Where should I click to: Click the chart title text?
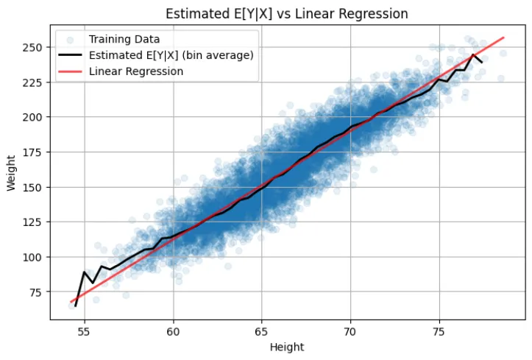click(x=287, y=14)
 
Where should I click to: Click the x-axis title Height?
click(x=287, y=347)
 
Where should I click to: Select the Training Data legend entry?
click(x=118, y=38)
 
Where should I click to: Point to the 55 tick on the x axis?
click(x=85, y=331)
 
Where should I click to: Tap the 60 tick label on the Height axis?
click(x=173, y=331)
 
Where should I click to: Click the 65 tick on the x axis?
click(x=261, y=331)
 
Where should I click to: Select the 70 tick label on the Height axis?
click(x=350, y=331)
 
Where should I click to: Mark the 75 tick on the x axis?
click(x=439, y=331)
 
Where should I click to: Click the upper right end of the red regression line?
click(x=504, y=38)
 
